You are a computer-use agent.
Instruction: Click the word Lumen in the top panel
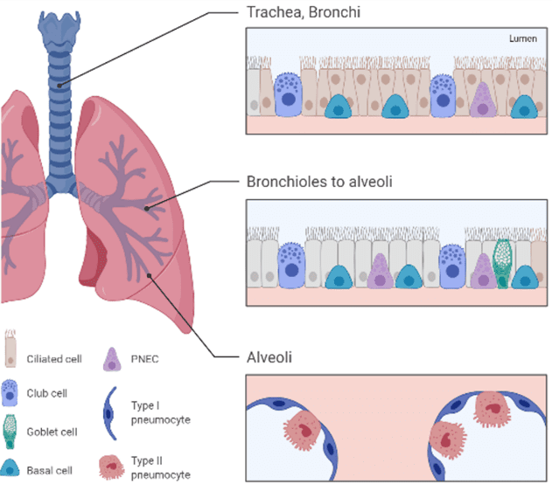click(x=522, y=39)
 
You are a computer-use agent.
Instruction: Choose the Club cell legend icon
click(x=11, y=393)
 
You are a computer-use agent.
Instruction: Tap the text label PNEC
click(x=146, y=358)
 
